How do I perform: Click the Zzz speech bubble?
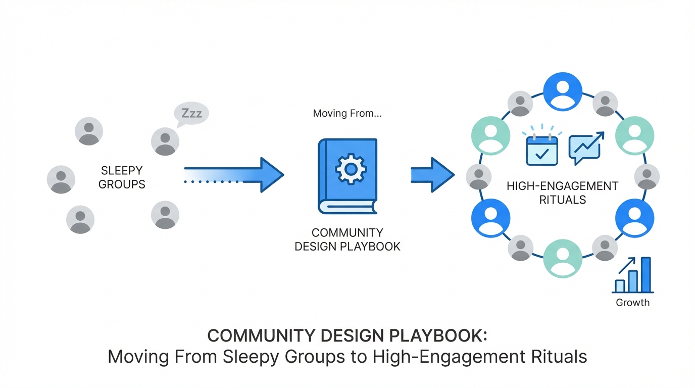point(191,113)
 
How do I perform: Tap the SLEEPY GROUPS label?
point(121,177)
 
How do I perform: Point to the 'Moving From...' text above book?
point(347,113)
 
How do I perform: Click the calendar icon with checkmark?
point(542,150)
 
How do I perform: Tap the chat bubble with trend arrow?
point(585,148)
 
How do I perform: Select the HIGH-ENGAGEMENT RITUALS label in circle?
point(562,192)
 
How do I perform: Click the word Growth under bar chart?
point(632,303)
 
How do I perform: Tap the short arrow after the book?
point(432,175)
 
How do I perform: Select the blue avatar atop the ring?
point(562,92)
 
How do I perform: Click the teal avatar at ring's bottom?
point(562,259)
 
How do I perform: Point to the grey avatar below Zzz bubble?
point(165,141)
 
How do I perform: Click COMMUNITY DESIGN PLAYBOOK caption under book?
point(347,239)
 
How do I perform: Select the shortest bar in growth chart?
point(620,286)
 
